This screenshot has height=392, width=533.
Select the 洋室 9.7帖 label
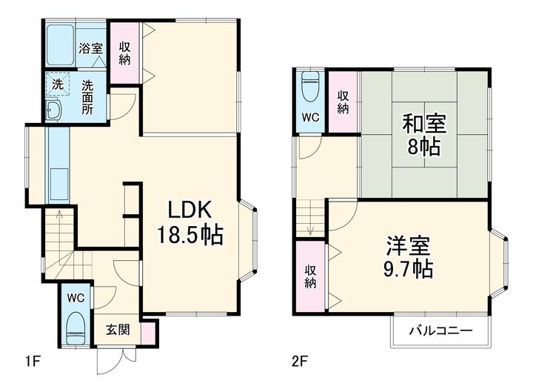409,256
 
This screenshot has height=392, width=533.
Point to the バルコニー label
442,331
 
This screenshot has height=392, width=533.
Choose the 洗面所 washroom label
88,96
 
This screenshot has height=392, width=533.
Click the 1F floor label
32,362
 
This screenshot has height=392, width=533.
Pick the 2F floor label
299,362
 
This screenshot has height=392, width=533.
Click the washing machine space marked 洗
57,84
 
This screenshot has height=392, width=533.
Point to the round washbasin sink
53,112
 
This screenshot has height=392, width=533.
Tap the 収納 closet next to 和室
343,102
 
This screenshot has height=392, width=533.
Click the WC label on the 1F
76,297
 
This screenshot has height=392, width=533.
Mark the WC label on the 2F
311,116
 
